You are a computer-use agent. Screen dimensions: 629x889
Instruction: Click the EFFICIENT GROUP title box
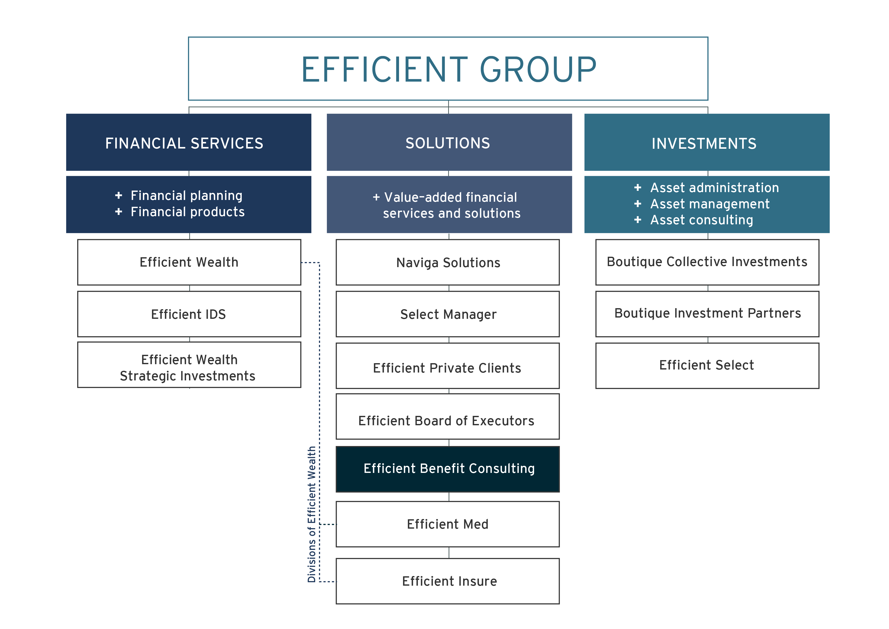coord(448,69)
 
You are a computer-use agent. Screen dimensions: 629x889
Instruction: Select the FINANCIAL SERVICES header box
coord(188,142)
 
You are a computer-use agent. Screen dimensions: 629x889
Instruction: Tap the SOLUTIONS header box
coord(449,142)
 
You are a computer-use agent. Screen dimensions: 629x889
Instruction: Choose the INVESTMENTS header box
coord(707,142)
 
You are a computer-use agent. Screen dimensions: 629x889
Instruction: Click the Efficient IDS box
coord(189,314)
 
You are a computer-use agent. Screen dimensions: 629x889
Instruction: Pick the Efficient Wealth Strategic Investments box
coord(189,365)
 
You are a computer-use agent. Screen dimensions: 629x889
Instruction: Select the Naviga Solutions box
coord(448,262)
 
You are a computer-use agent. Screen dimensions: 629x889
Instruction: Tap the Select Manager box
coord(448,314)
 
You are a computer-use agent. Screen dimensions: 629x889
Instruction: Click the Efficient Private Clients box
coord(448,366)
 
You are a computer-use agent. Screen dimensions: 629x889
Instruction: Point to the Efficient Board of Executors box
coord(448,417)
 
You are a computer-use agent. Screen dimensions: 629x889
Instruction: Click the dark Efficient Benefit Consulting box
coord(448,469)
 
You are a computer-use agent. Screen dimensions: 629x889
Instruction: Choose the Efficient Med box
coord(448,524)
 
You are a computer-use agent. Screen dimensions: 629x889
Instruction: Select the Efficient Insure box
coord(448,581)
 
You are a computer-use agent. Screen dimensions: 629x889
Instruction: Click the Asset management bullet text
coord(710,204)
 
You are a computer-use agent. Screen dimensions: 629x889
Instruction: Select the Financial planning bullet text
coord(186,196)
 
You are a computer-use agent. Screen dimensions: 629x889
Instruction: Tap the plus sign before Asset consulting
coord(638,220)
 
